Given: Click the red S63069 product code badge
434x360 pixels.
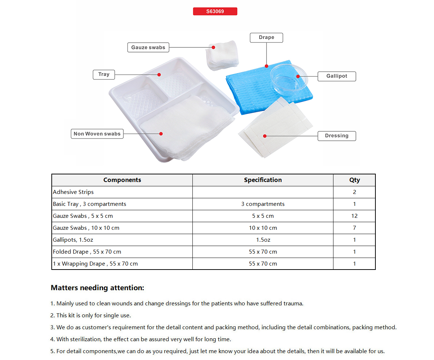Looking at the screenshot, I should coord(215,12).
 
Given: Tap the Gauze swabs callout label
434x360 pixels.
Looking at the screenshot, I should coord(148,47).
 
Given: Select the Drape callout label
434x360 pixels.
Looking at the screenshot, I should coord(266,38).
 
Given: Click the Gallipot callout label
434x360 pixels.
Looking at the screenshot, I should coord(336,76).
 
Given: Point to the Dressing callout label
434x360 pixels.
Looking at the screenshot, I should coord(336,136).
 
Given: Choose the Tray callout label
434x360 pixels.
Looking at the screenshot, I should coord(104,75).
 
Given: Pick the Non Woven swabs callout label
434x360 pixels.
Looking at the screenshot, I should coord(97,134).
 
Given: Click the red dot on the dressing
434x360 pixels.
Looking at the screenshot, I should coord(265,136).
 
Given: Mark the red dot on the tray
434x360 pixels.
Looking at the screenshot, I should coord(159,75).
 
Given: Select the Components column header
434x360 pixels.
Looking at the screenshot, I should coord(122,180).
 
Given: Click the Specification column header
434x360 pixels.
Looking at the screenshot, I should coord(263,180).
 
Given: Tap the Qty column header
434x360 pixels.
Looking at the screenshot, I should coord(354,180).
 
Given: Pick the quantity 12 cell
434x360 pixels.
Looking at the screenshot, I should coord(354,216).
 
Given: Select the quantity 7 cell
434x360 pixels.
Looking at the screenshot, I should coord(354,228).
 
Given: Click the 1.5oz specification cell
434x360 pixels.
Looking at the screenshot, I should coord(263,240).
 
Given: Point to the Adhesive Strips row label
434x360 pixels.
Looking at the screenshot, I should coord(73,192).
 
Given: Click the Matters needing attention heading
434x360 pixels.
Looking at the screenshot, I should coord(97,288).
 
